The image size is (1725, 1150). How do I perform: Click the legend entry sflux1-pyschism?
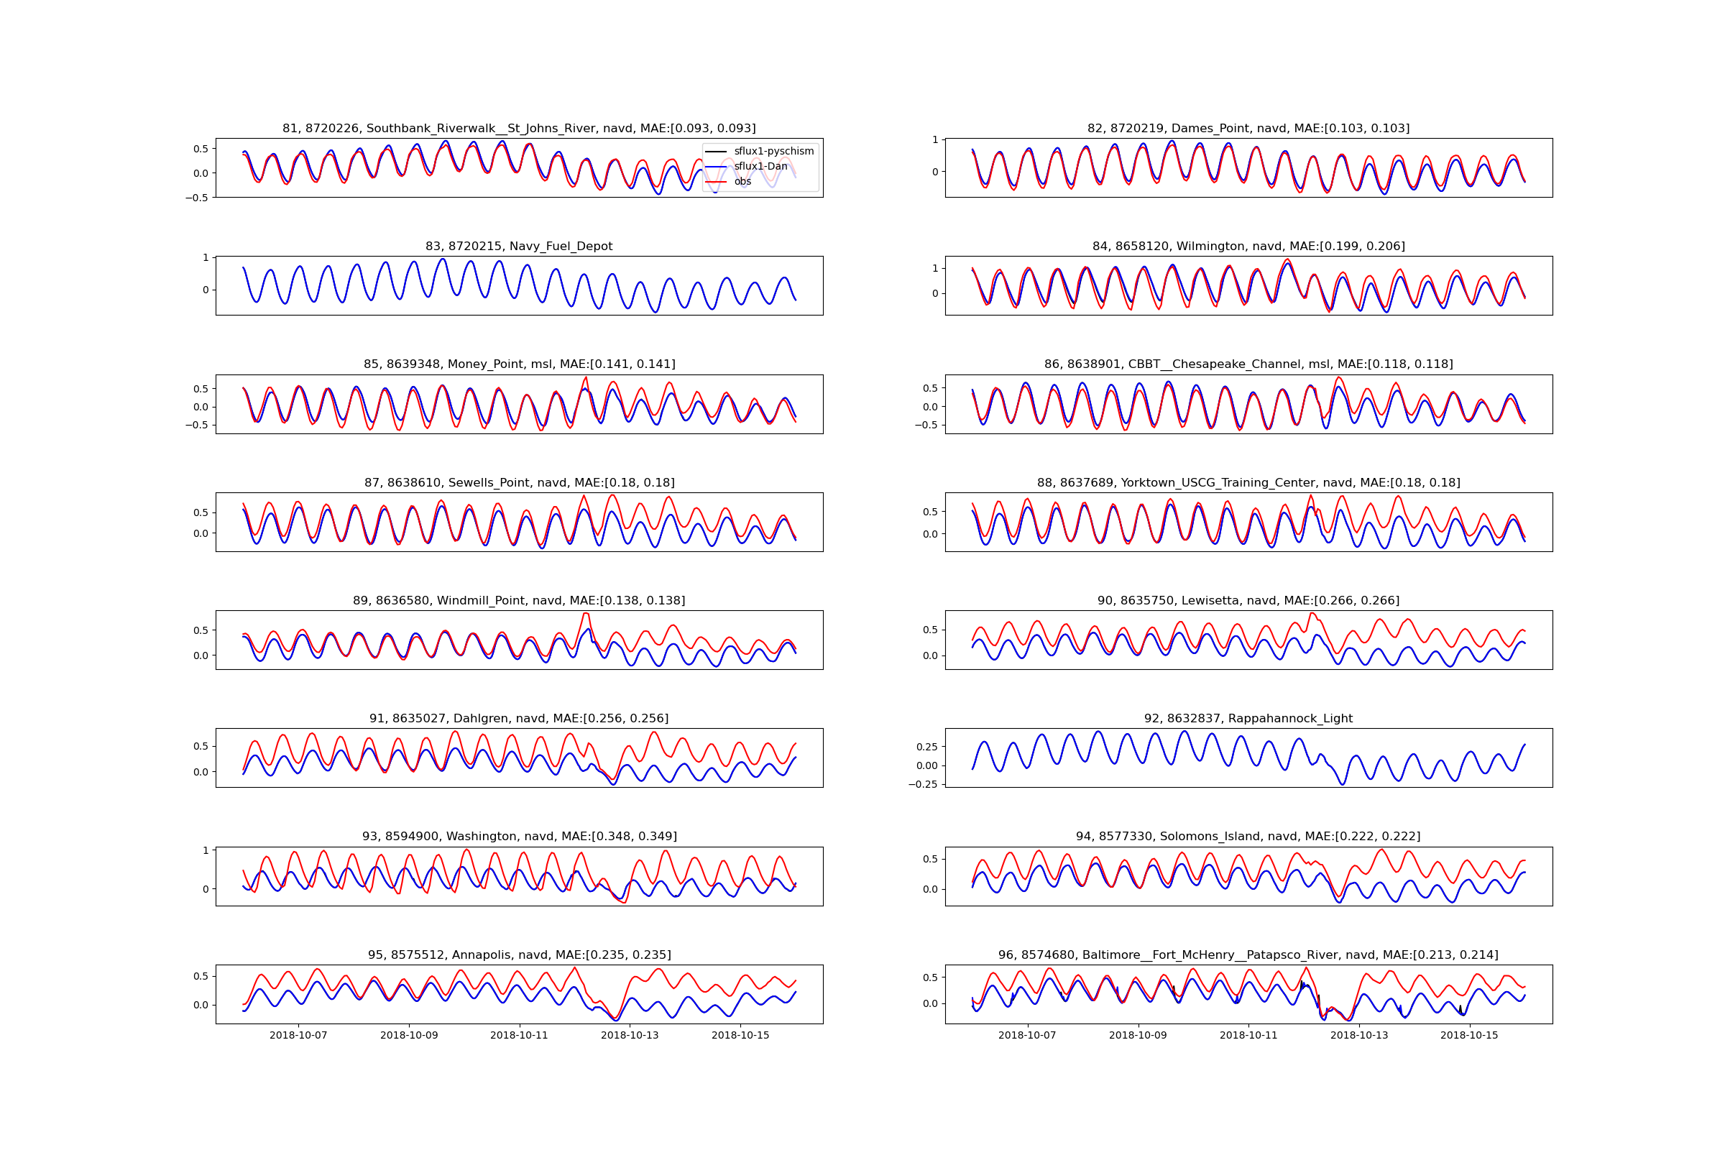[773, 151]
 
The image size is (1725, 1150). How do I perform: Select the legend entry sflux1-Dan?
[760, 167]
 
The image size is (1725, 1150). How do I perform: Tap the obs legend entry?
[742, 181]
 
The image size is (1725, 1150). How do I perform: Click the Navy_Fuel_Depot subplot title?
[518, 247]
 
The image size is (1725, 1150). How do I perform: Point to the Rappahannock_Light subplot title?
[1248, 719]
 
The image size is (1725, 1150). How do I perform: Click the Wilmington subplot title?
[1248, 247]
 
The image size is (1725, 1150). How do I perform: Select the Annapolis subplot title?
[518, 955]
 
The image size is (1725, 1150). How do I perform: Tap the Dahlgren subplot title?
[518, 719]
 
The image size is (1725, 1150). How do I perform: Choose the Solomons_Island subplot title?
[1248, 836]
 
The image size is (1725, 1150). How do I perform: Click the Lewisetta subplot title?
[1248, 601]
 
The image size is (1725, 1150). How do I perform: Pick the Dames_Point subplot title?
[1248, 129]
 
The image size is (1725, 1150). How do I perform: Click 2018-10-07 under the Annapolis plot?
[298, 1036]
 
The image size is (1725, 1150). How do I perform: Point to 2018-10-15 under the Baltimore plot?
[1469, 1036]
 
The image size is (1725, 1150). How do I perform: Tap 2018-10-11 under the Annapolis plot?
[519, 1036]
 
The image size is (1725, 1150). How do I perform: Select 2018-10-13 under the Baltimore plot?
[1359, 1036]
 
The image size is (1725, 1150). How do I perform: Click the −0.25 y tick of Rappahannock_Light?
[924, 784]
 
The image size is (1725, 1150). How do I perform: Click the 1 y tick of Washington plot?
[206, 851]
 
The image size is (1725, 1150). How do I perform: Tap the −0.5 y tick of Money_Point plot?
[196, 425]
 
